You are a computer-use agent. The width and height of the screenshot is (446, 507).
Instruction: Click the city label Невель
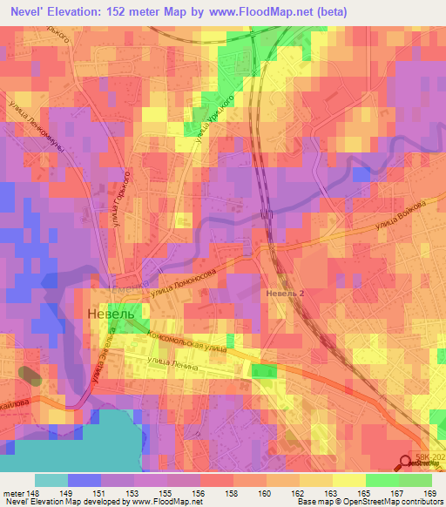pyautogui.click(x=110, y=313)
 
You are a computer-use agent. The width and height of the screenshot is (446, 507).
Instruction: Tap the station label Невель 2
pyautogui.click(x=285, y=294)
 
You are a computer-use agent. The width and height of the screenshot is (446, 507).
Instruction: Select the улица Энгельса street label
pyautogui.click(x=98, y=366)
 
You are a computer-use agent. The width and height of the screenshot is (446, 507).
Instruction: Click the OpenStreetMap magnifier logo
pyautogui.click(x=407, y=465)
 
